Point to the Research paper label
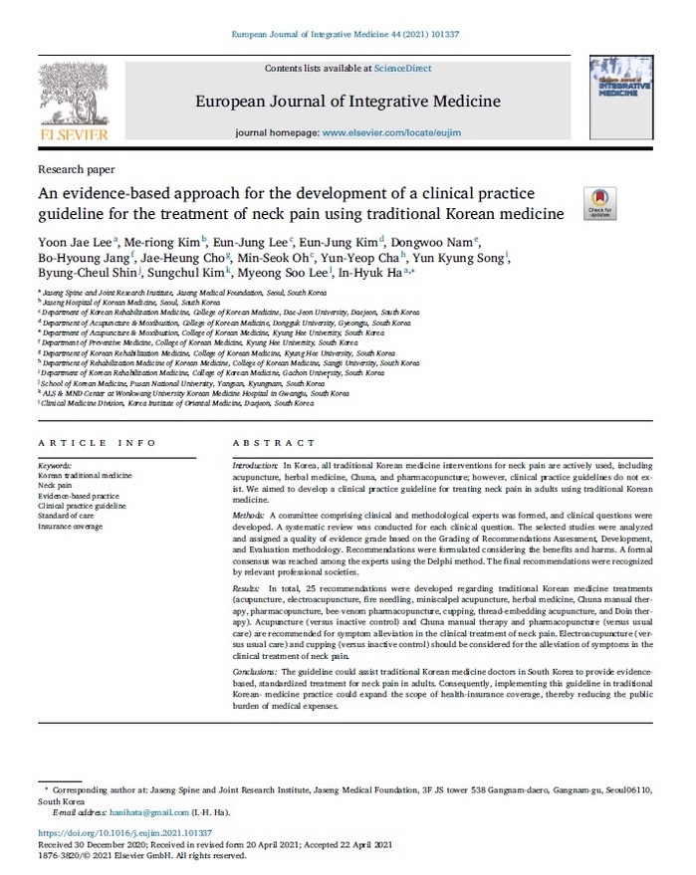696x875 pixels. tap(76, 169)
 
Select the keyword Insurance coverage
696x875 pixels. tap(72, 525)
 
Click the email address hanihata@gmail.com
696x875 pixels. tap(129, 812)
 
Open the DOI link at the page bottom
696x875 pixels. tap(125, 831)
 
